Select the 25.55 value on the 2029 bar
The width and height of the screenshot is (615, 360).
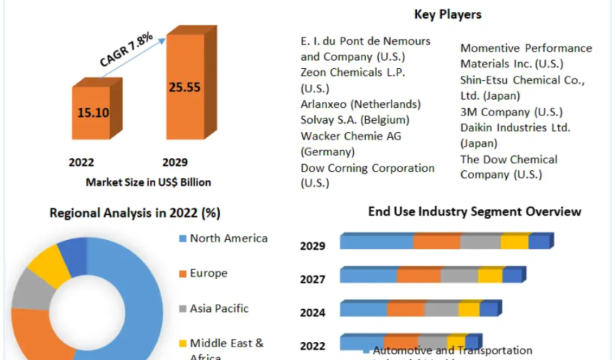coord(184,87)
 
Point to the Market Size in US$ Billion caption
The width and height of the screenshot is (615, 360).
coord(148,181)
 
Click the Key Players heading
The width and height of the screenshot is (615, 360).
coord(448,14)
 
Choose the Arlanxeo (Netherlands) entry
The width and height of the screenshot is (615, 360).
coord(360,103)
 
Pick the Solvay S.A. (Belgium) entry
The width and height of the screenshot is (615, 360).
coord(355,120)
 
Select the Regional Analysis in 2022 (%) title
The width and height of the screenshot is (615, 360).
coord(134,213)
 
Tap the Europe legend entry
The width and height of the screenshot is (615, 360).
coord(208,274)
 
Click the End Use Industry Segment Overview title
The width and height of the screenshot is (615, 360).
coord(475,211)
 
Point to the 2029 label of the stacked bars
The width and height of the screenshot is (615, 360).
coord(313,246)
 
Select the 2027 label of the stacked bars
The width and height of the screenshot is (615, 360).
coord(313,280)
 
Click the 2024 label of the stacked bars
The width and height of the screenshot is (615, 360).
coord(313,313)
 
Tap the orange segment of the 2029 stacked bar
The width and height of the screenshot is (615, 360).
coord(436,241)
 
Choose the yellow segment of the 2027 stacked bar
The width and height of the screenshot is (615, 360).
coord(490,275)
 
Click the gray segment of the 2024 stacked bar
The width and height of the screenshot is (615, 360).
coord(442,309)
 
